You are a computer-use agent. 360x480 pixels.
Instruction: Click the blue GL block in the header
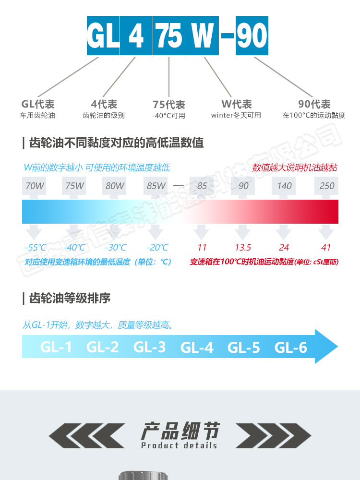pos(103,36)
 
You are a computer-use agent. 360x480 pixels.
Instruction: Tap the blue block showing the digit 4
pos(136,36)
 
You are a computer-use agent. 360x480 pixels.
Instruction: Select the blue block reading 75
pos(169,36)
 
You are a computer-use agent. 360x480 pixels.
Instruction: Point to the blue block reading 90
pos(252,36)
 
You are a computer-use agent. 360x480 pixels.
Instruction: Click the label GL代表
pos(38,104)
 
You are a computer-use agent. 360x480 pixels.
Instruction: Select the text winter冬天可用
pos(236,116)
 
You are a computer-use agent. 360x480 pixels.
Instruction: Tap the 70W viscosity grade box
pos(34,186)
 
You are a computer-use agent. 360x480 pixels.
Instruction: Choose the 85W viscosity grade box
pos(156,186)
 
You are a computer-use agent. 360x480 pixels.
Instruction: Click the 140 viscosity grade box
pos(285,186)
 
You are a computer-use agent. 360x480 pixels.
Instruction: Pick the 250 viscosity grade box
pos(326,186)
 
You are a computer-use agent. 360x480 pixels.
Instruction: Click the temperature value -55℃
pos(36,248)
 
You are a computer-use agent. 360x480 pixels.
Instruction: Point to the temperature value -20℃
pos(157,248)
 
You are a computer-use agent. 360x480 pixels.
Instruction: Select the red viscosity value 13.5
pos(243,248)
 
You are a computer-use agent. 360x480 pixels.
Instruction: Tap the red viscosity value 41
pos(326,248)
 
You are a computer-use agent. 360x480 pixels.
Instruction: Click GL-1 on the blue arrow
pos(56,347)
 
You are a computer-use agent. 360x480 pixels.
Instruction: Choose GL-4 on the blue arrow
pos(197,347)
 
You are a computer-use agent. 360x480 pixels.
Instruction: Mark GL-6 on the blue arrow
pos(291,347)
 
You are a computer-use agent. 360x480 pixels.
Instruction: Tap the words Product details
pos(179,445)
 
